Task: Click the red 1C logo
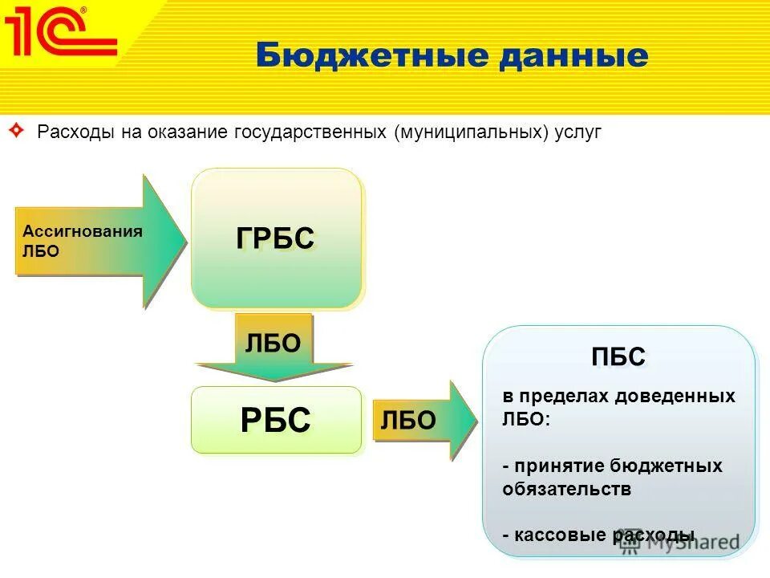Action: [60, 34]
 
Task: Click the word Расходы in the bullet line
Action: [76, 131]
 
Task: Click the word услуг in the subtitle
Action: [576, 131]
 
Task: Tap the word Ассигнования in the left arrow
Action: [82, 231]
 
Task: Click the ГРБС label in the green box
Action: [275, 238]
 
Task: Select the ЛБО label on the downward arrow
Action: [273, 344]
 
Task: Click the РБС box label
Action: [275, 420]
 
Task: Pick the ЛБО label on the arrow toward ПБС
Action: [408, 420]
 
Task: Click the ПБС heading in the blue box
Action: [618, 357]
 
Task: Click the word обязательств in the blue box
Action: [566, 489]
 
